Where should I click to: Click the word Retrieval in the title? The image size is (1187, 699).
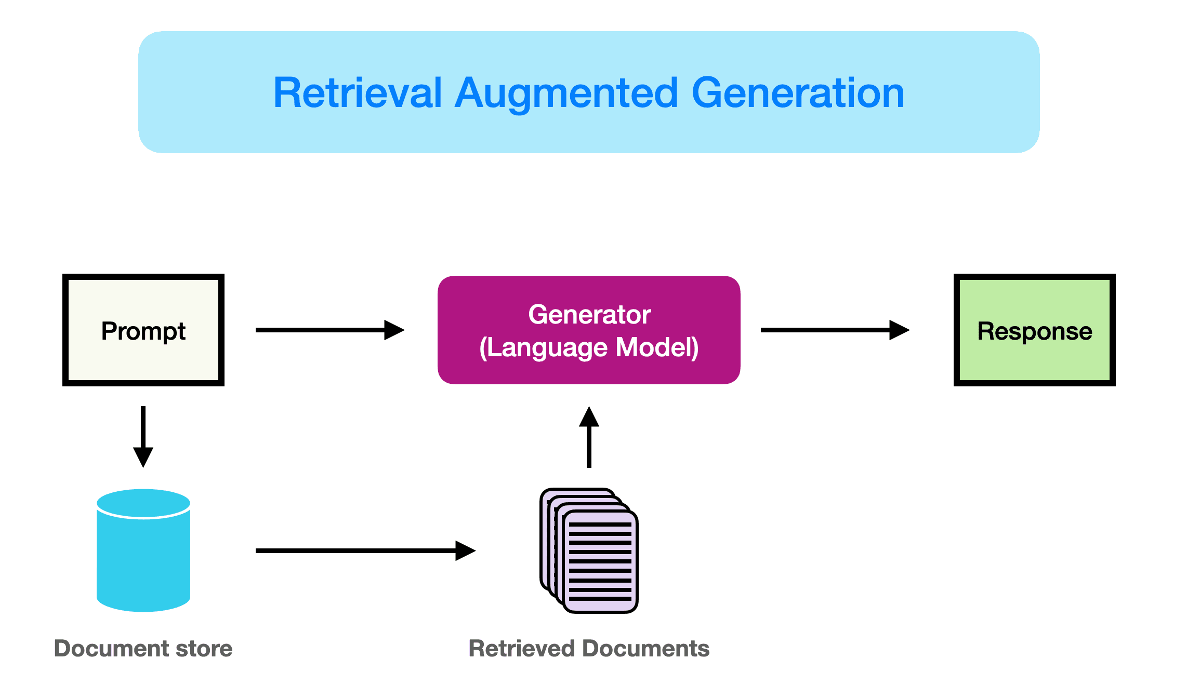click(358, 93)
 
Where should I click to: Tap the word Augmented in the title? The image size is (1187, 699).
click(566, 93)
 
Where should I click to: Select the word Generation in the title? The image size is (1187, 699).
click(798, 93)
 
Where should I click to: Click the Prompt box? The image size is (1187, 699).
click(143, 330)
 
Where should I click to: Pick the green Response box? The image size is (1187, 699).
click(1034, 330)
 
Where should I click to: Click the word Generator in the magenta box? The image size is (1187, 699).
click(589, 314)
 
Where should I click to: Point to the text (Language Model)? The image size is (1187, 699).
click(589, 347)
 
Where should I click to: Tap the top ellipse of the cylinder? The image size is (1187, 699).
click(143, 503)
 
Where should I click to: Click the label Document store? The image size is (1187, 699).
click(143, 649)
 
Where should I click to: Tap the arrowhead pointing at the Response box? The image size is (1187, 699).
click(899, 330)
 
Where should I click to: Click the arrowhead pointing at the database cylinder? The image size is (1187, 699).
click(143, 457)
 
